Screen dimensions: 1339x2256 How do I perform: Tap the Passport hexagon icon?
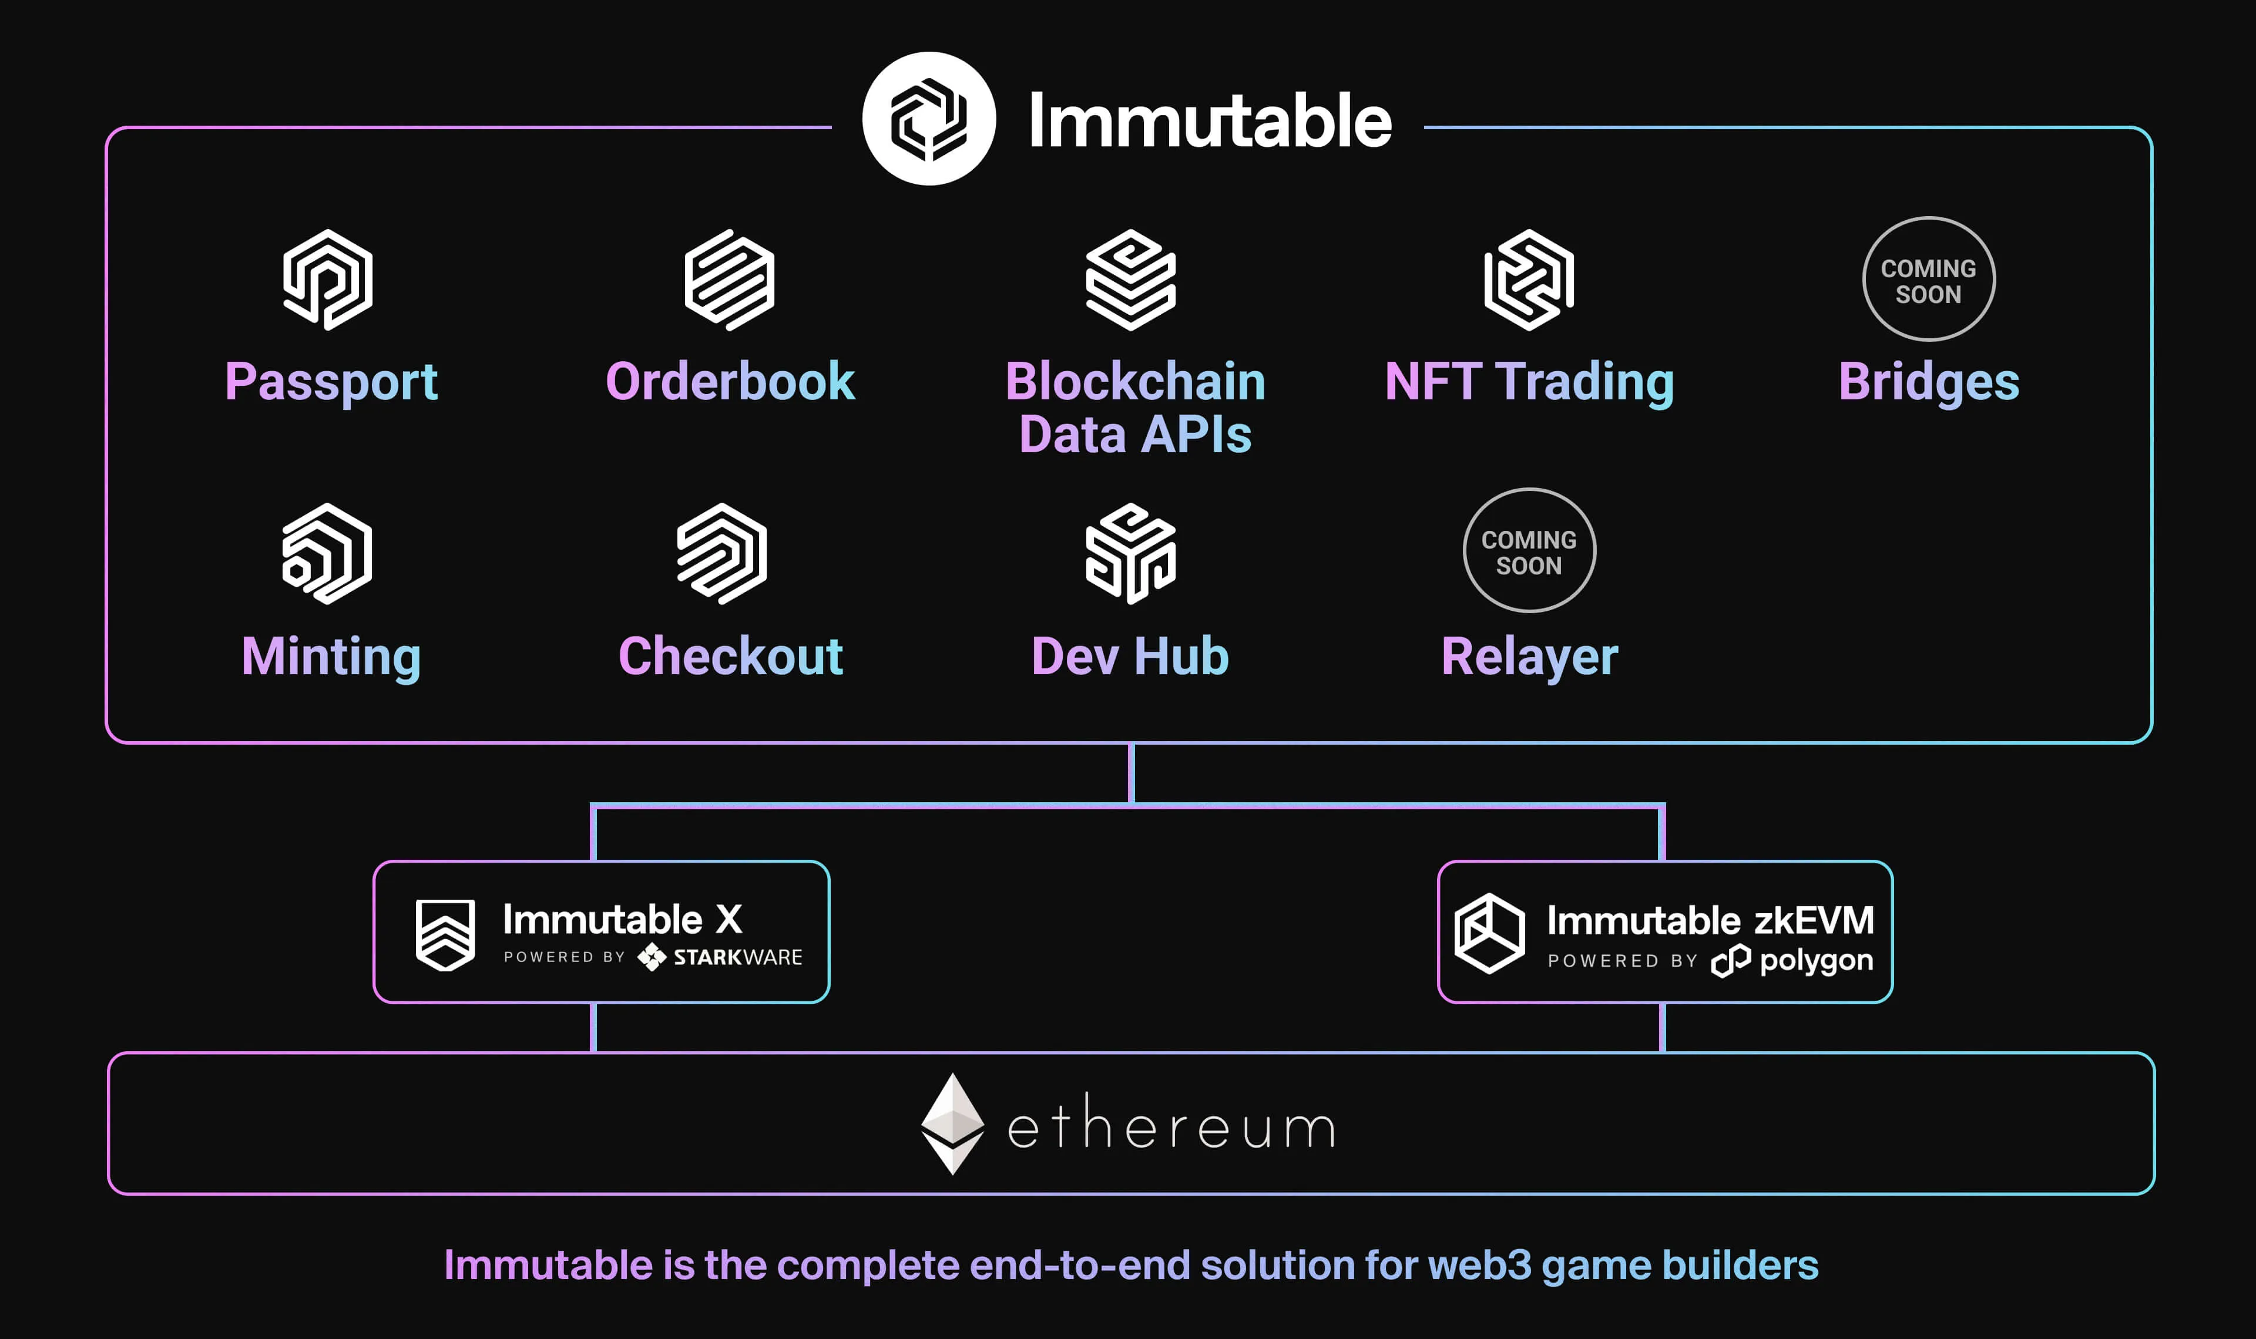[328, 280]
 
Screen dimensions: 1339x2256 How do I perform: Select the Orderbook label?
[730, 382]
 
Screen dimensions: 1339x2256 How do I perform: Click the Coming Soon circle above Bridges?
[1928, 280]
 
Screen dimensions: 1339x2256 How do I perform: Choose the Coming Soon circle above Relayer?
[1529, 550]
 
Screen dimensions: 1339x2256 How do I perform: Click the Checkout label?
[730, 656]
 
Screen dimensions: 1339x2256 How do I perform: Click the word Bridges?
[1928, 382]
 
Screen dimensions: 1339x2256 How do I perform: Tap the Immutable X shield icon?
[445, 935]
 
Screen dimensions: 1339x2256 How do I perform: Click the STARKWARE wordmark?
[737, 957]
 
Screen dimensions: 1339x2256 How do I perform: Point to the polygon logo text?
[1815, 960]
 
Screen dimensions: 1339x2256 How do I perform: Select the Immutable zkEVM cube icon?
[1489, 933]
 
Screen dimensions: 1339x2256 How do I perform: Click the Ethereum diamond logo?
[952, 1123]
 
